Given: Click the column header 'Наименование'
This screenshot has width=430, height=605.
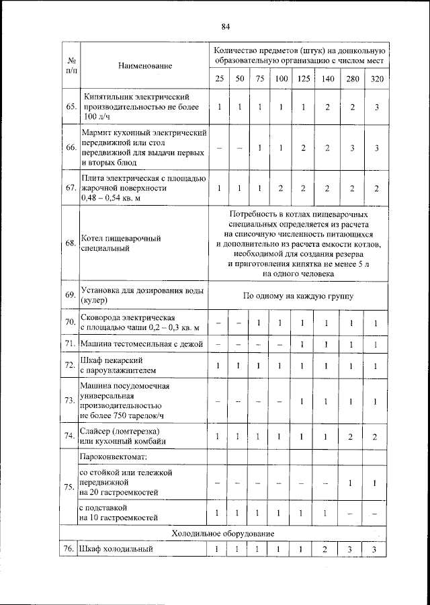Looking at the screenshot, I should click(144, 66).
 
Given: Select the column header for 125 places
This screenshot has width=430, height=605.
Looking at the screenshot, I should click(304, 79).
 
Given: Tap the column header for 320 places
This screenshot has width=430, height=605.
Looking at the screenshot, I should click(377, 79).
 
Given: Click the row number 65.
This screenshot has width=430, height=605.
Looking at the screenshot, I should click(70, 108).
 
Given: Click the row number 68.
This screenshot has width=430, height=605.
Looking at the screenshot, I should click(70, 243).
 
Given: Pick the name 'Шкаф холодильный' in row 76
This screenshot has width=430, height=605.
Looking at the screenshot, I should click(116, 549).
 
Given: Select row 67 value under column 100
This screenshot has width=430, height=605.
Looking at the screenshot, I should click(281, 189).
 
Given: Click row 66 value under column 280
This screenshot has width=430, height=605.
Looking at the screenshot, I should click(352, 148).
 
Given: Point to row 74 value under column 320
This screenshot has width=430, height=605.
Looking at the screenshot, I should click(377, 437).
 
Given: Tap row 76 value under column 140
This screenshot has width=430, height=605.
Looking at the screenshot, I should click(327, 549).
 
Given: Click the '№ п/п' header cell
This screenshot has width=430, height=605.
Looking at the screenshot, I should click(70, 66).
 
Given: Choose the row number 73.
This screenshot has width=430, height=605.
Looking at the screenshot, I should click(70, 401).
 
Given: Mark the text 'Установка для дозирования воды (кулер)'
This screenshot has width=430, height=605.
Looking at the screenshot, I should click(141, 295).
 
